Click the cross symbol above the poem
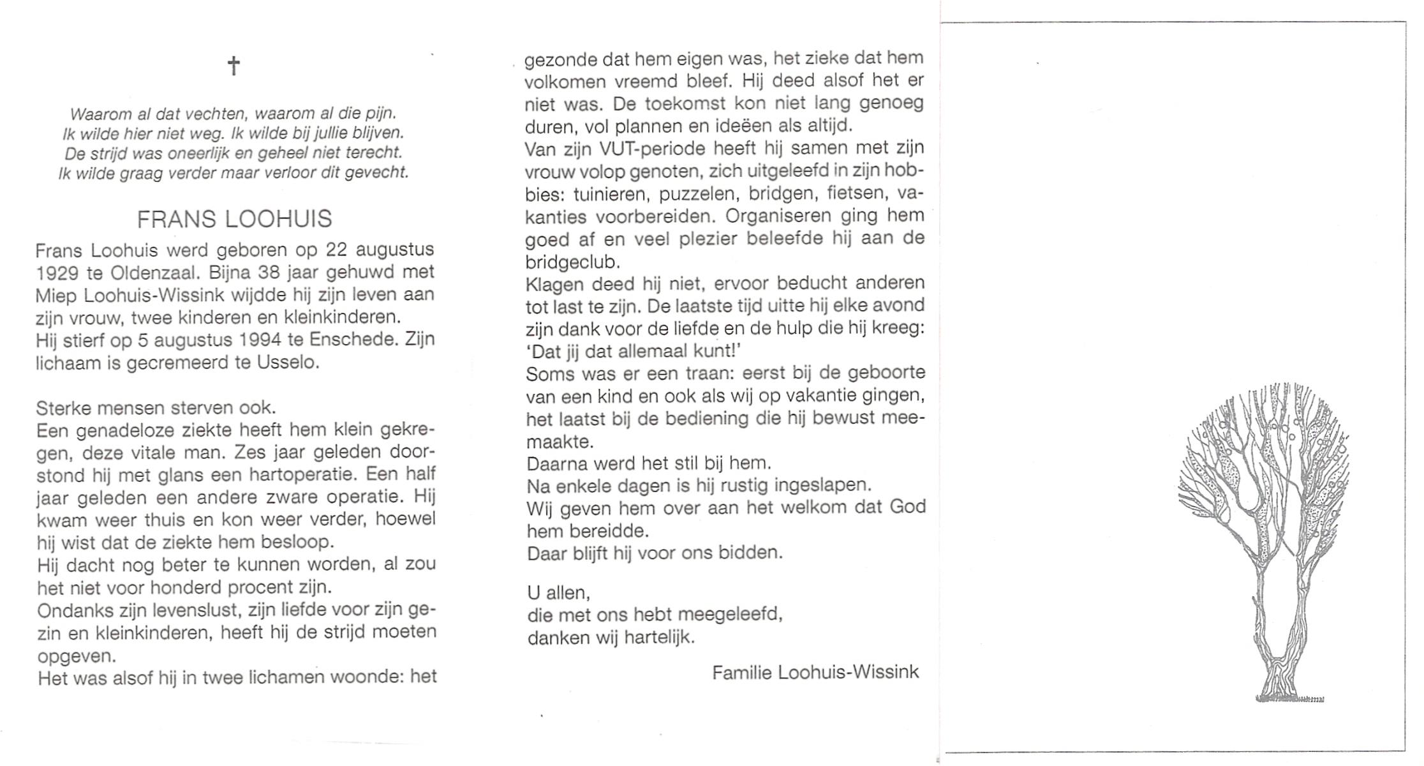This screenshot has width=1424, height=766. click(234, 65)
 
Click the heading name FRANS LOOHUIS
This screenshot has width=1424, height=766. click(234, 219)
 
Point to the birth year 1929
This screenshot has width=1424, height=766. click(57, 273)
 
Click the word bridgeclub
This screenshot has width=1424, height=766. click(572, 262)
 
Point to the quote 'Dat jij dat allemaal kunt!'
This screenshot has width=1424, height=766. click(635, 351)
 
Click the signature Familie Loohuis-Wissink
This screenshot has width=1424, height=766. click(815, 672)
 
